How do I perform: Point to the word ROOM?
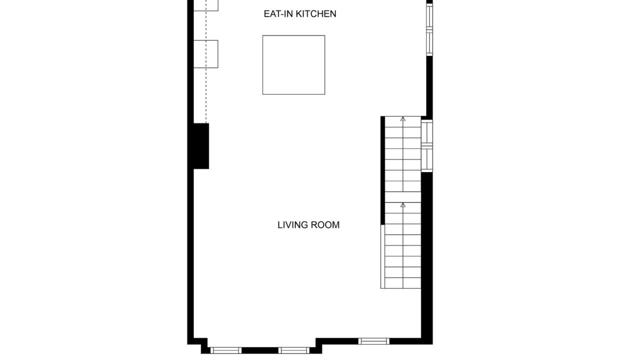pyautogui.click(x=325, y=225)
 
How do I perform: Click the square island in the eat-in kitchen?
pyautogui.click(x=293, y=65)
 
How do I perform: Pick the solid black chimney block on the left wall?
pyautogui.click(x=201, y=146)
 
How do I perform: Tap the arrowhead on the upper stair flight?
pyautogui.click(x=403, y=119)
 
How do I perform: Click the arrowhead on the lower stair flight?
pyautogui.click(x=403, y=205)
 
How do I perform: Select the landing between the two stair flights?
pyautogui.click(x=403, y=197)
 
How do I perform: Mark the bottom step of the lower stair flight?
pyautogui.click(x=403, y=283)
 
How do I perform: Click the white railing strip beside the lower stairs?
pyautogui.click(x=383, y=256)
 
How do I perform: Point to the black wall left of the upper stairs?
pyautogui.click(x=383, y=170)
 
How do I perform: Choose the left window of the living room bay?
pyautogui.click(x=226, y=350)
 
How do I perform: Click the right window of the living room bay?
pyautogui.click(x=294, y=350)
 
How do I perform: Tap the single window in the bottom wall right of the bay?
pyautogui.click(x=374, y=341)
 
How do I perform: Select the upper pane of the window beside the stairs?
pyautogui.click(x=427, y=133)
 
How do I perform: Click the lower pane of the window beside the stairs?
pyautogui.click(x=427, y=159)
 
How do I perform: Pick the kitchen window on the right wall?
pyautogui.click(x=429, y=29)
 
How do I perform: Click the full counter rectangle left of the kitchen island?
pyautogui.click(x=205, y=54)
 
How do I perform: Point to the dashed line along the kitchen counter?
pyautogui.click(x=206, y=61)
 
